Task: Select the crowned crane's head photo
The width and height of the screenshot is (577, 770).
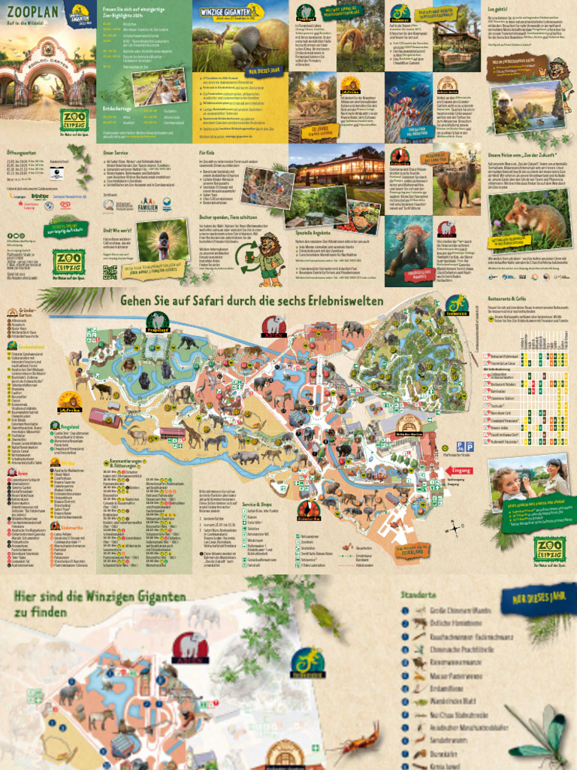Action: (164, 244)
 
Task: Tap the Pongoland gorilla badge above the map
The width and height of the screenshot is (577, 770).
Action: (158, 321)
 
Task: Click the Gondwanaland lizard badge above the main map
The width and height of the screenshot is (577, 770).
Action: (456, 304)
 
